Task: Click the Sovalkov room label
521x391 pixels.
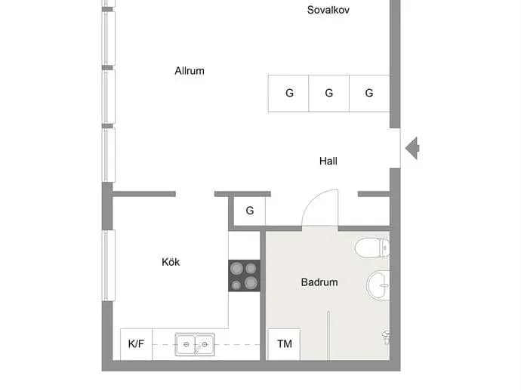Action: (x=328, y=10)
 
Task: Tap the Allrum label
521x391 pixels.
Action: (x=190, y=71)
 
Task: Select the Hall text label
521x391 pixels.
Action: (x=328, y=161)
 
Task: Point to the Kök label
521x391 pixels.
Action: (x=171, y=262)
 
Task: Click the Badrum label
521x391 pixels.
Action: (x=319, y=282)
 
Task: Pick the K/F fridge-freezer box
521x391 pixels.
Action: (x=136, y=344)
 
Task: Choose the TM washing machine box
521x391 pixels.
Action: (x=284, y=344)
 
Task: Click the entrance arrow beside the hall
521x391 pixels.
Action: (x=412, y=148)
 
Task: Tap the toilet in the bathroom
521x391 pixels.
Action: (x=371, y=248)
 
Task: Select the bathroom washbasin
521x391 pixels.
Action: (x=378, y=285)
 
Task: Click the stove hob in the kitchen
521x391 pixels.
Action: (x=244, y=276)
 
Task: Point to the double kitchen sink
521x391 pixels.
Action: (x=195, y=344)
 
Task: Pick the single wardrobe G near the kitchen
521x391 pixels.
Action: (x=250, y=211)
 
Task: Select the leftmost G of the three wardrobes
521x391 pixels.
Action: (x=288, y=94)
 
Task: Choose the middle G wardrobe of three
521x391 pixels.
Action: (x=329, y=94)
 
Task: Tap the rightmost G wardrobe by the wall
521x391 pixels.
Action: (x=369, y=94)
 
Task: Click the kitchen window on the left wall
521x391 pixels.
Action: (x=108, y=266)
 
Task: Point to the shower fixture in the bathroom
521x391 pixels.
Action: (x=386, y=337)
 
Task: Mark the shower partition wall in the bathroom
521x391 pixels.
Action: (x=328, y=336)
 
